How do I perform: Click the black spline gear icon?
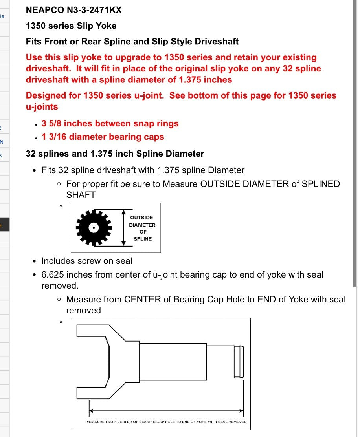[x=94, y=227]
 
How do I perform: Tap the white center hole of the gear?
[x=94, y=227]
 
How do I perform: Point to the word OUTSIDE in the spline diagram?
[x=141, y=218]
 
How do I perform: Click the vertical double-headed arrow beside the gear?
[x=124, y=227]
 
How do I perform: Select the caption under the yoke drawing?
[x=167, y=422]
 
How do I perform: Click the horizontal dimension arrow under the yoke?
[x=167, y=411]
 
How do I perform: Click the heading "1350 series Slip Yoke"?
[x=71, y=26]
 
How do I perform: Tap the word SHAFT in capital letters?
[x=81, y=195]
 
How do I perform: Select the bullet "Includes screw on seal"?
[x=87, y=261]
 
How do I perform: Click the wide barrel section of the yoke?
[x=173, y=362]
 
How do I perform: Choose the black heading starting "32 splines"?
[x=115, y=154]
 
